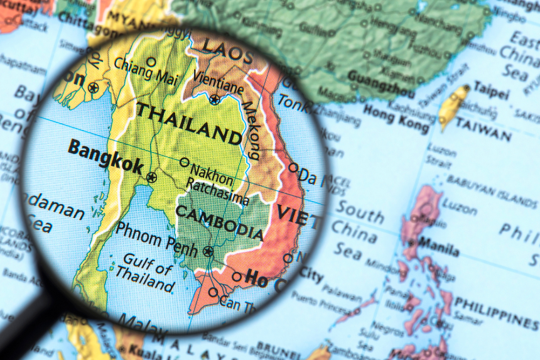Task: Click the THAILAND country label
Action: [x=189, y=123]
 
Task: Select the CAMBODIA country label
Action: [x=220, y=221]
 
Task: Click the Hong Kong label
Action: [x=397, y=119]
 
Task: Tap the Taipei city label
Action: [x=490, y=89]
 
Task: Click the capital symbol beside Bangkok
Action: [x=151, y=178]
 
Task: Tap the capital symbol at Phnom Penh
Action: [x=208, y=252]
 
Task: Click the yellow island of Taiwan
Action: [x=454, y=105]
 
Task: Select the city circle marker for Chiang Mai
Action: [x=151, y=62]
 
